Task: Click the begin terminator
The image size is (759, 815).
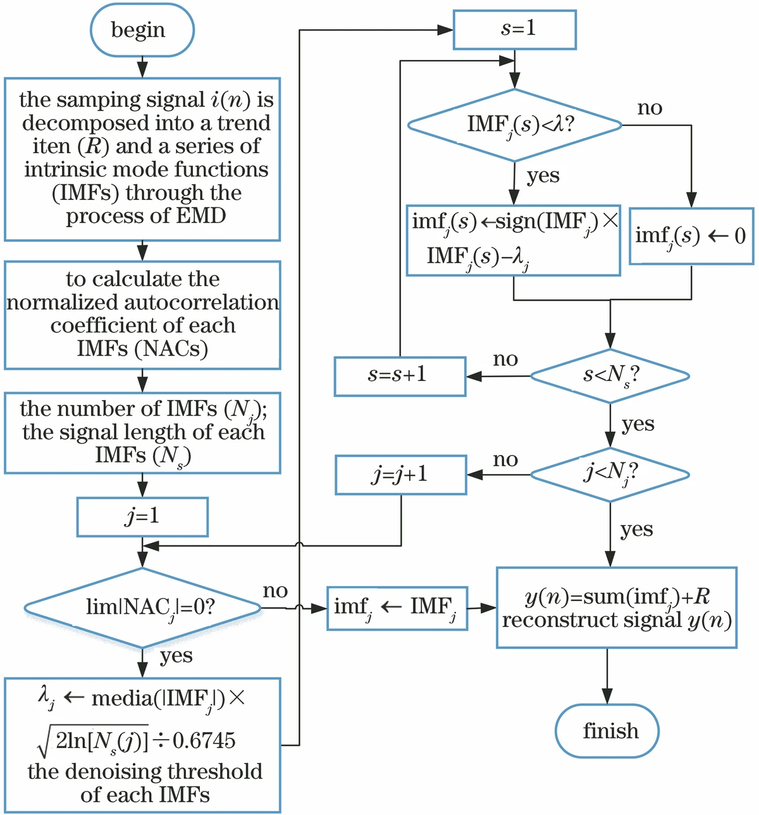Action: point(142,30)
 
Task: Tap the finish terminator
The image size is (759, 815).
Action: point(607,731)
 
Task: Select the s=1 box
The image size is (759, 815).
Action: point(515,29)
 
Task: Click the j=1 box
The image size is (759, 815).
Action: point(142,517)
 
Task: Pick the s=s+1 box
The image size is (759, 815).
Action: point(400,376)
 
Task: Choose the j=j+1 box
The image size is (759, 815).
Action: point(400,475)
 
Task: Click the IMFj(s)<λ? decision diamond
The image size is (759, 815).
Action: point(515,125)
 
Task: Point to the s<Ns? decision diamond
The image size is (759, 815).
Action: point(610,376)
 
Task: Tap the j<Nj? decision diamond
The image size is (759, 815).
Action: point(610,475)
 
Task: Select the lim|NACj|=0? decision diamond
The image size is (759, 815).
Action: point(143,607)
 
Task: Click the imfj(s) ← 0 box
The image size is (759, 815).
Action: point(691,236)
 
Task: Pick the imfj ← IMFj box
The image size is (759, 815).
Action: point(397,608)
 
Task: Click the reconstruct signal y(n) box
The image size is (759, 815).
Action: point(617,607)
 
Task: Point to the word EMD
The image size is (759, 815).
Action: point(201,216)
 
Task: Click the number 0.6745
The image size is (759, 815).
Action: point(204,741)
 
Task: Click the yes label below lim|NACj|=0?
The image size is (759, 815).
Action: point(176,656)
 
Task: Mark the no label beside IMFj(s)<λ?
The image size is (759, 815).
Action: point(650,108)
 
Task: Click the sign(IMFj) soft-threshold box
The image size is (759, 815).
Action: point(513,240)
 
